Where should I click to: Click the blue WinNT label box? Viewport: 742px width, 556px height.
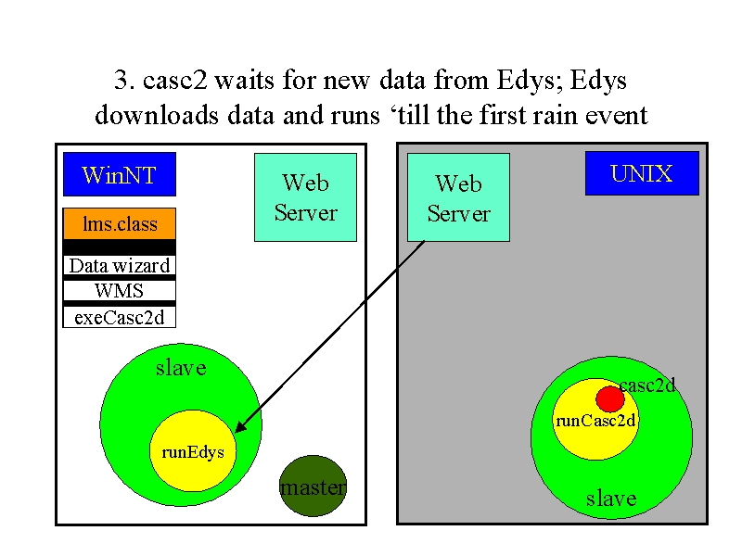pyautogui.click(x=120, y=174)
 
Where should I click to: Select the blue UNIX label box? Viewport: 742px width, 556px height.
pyautogui.click(x=642, y=173)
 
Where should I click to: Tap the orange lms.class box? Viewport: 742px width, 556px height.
pyautogui.click(x=120, y=223)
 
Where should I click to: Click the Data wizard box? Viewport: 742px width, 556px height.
pyautogui.click(x=120, y=265)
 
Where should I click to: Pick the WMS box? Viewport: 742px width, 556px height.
pyautogui.click(x=120, y=290)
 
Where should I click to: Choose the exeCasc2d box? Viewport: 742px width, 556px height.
pyautogui.click(x=120, y=317)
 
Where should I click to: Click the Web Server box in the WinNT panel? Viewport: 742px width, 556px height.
pyautogui.click(x=306, y=197)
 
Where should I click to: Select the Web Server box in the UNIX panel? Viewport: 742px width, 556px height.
pyautogui.click(x=458, y=197)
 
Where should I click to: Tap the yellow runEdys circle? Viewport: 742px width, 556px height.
pyautogui.click(x=193, y=451)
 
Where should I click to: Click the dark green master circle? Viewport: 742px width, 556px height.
pyautogui.click(x=313, y=486)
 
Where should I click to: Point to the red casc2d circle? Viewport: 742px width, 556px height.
pyautogui.click(x=610, y=399)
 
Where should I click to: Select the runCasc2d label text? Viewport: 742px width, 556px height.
pyautogui.click(x=595, y=421)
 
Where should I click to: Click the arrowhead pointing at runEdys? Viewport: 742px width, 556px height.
pyautogui.click(x=240, y=425)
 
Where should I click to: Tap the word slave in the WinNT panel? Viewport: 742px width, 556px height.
pyautogui.click(x=181, y=368)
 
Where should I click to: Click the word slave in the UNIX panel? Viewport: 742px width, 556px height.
pyautogui.click(x=611, y=499)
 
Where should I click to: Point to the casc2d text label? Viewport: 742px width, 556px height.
pyautogui.click(x=646, y=385)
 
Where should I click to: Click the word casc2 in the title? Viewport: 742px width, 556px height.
pyautogui.click(x=175, y=80)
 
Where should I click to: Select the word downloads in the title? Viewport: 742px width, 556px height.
pyautogui.click(x=157, y=115)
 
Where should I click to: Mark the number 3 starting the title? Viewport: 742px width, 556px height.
pyautogui.click(x=121, y=80)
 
